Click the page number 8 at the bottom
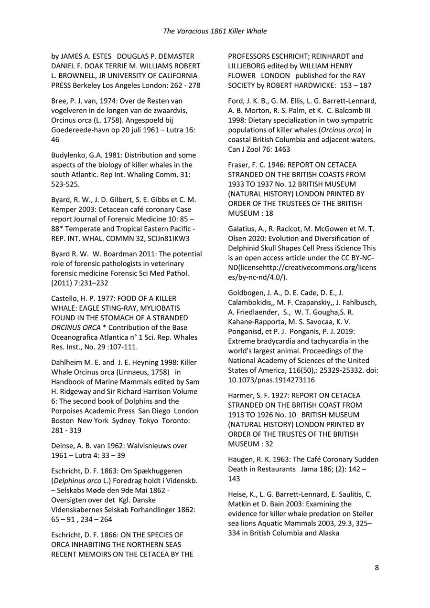click(377, 567)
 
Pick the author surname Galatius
click(243, 229)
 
